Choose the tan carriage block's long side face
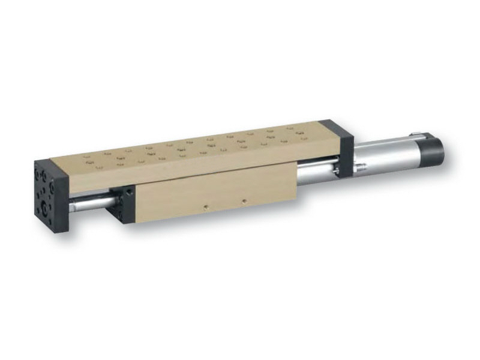pyautogui.click(x=216, y=195)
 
